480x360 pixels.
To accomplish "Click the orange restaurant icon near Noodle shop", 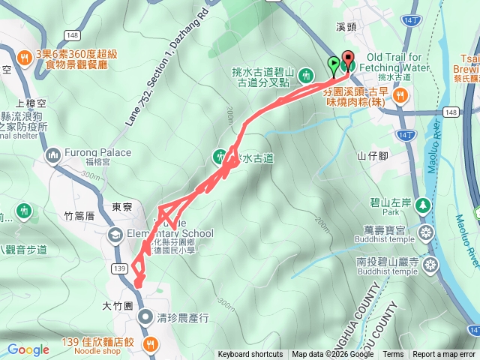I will (149, 344).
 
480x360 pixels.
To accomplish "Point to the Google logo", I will (28, 349).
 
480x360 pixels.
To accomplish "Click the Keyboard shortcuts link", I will (250, 355).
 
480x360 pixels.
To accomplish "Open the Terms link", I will (392, 355).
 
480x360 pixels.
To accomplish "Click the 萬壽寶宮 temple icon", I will (427, 231).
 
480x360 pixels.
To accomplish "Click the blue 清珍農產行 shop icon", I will (144, 316).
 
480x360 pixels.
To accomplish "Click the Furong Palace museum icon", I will (52, 155).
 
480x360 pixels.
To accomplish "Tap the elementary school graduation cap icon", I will (115, 235).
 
